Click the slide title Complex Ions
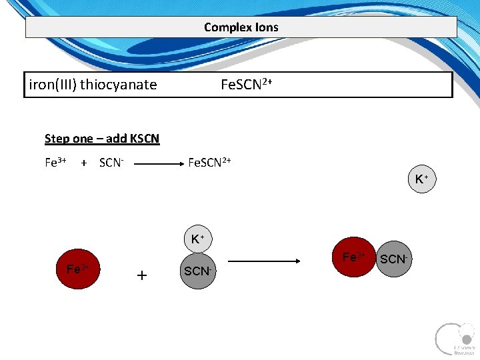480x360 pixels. tap(241, 27)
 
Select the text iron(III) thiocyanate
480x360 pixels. tap(93, 85)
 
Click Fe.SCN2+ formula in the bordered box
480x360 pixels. tap(246, 85)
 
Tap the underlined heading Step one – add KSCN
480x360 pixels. tap(102, 139)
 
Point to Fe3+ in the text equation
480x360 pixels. tap(55, 163)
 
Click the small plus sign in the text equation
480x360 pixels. tap(84, 163)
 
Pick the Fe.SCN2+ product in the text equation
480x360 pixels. tap(210, 163)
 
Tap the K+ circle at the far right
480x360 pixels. tap(421, 179)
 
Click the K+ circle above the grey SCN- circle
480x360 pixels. tap(197, 239)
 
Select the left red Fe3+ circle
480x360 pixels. tap(78, 269)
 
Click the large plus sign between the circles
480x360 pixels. tap(141, 275)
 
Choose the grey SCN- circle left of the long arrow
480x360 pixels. tap(197, 271)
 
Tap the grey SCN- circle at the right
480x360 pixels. tap(393, 259)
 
